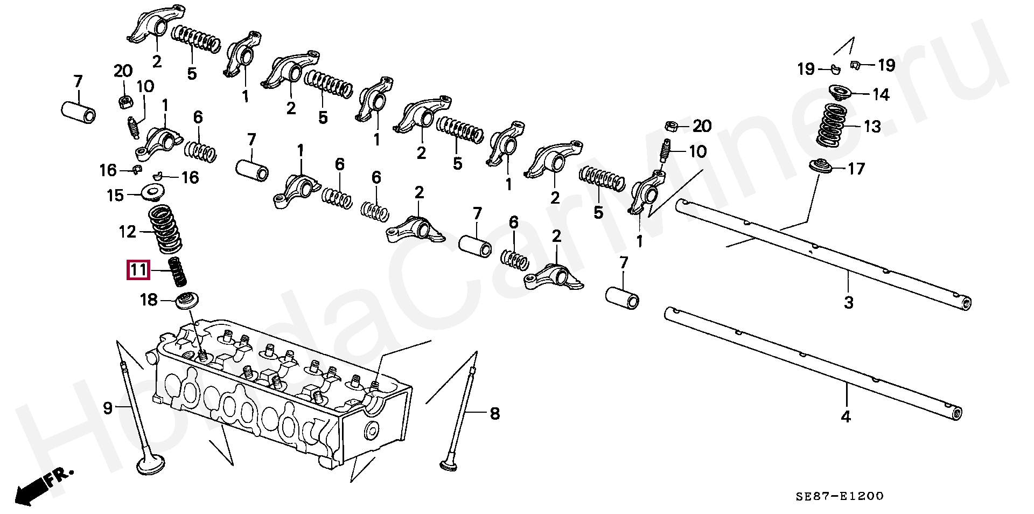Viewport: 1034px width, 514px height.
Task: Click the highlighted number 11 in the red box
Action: point(138,269)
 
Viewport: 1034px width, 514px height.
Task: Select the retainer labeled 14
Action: point(839,93)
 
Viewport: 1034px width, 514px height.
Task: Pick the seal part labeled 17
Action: point(821,166)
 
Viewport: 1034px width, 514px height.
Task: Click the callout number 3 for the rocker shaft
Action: point(849,302)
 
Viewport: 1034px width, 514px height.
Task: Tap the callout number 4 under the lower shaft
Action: point(846,416)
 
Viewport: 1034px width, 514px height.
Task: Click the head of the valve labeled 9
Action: point(151,464)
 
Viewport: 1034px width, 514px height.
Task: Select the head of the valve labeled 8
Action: point(449,465)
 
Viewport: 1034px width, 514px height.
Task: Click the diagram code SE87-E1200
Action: point(840,496)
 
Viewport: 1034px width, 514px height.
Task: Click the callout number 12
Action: point(128,232)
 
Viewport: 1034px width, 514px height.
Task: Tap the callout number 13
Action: point(872,127)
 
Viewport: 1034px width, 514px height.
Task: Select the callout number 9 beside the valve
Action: point(108,408)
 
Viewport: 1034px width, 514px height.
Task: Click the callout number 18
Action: point(149,300)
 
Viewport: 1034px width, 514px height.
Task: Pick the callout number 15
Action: point(115,195)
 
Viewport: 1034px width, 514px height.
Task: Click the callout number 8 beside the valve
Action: point(494,414)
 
